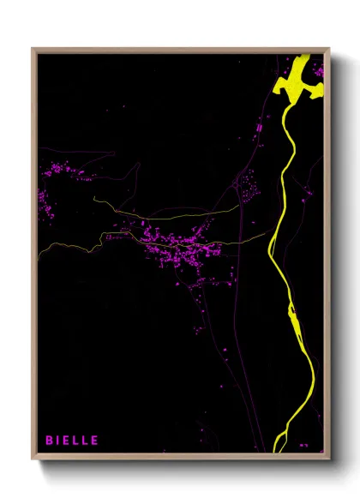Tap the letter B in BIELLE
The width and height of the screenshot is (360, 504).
point(49,440)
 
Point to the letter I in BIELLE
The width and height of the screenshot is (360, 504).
point(57,440)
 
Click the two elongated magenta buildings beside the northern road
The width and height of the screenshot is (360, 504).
point(258,129)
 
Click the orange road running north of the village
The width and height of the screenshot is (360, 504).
point(171,212)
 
